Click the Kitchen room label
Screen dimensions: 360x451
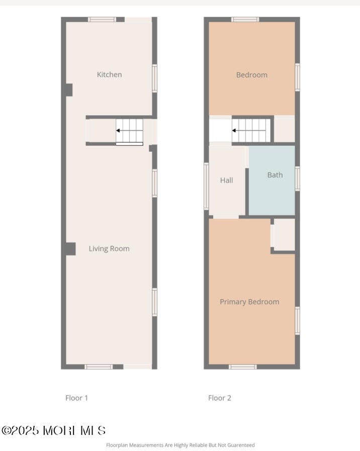click(x=109, y=74)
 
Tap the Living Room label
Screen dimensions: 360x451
click(x=109, y=248)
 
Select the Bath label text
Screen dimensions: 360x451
click(x=275, y=175)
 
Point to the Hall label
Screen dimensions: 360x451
click(x=226, y=181)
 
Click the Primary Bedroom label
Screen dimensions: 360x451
click(x=249, y=302)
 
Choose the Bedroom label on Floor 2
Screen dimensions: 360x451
click(x=251, y=75)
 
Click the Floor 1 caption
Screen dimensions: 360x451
click(x=76, y=398)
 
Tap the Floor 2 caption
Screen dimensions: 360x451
click(x=220, y=398)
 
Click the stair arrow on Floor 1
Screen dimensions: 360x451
click(x=129, y=131)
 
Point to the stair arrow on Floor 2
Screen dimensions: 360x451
click(x=249, y=131)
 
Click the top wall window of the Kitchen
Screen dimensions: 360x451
click(x=102, y=20)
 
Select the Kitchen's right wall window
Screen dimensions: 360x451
click(x=154, y=78)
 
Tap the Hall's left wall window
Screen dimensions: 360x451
click(x=206, y=186)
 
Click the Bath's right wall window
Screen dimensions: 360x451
click(x=297, y=178)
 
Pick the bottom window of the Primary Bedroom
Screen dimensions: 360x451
click(x=243, y=367)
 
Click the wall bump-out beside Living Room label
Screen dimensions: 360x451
click(x=71, y=249)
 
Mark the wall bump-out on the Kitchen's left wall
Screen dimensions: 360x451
click(x=69, y=90)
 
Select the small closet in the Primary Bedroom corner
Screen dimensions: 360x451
click(x=284, y=234)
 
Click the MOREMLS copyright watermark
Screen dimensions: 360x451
click(x=54, y=430)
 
